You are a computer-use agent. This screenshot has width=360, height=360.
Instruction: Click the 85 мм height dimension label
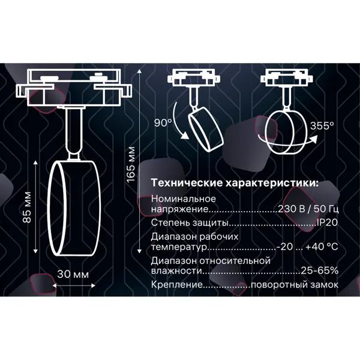pyautogui.click(x=27, y=207)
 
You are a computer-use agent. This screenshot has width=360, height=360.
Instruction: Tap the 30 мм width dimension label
pyautogui.click(x=73, y=274)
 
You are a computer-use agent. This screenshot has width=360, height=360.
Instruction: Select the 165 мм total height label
pyautogui.click(x=131, y=164)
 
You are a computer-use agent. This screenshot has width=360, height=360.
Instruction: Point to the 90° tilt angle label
pyautogui.click(x=163, y=123)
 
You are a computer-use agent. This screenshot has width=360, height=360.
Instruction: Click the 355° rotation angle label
pyautogui.click(x=322, y=126)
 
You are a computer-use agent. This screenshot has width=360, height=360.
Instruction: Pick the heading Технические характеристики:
pyautogui.click(x=235, y=183)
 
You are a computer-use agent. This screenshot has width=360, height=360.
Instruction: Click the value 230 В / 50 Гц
pyautogui.click(x=308, y=209)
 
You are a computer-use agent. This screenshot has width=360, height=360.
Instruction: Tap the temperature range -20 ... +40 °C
pyautogui.click(x=307, y=247)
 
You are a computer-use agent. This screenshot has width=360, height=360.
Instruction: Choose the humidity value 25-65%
pyautogui.click(x=320, y=271)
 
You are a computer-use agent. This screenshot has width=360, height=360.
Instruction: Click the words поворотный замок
pyautogui.click(x=295, y=285)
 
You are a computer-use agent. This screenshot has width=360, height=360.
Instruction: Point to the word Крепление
pyautogui.click(x=177, y=285)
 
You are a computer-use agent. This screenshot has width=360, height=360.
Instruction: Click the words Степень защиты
pyautogui.click(x=190, y=223)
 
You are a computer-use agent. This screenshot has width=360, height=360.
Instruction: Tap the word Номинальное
pyautogui.click(x=184, y=199)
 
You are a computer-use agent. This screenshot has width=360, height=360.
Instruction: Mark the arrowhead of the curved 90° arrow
pyautogui.click(x=184, y=136)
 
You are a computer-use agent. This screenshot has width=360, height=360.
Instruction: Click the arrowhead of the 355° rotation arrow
pyautogui.click(x=314, y=138)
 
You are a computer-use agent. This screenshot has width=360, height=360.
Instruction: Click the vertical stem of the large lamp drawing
pyautogui.click(x=73, y=134)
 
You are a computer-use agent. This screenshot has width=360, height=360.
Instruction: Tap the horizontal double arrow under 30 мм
pyautogui.click(x=74, y=286)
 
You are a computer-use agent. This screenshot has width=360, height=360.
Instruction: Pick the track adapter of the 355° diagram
pyautogui.click(x=286, y=78)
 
